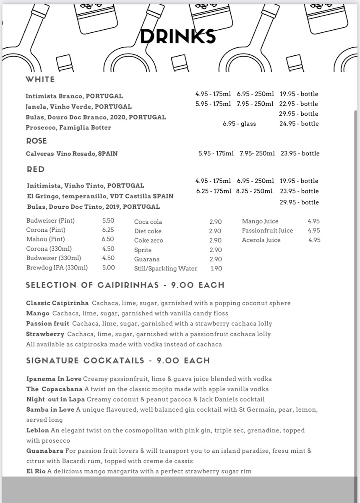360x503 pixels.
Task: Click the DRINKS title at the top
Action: pos(178,37)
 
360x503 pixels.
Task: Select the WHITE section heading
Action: pos(40,79)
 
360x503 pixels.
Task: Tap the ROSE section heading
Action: pos(37,141)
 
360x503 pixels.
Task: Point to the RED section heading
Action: pos(36,169)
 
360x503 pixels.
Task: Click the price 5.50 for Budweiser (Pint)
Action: pos(108,220)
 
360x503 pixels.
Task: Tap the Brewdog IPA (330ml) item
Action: pos(57,267)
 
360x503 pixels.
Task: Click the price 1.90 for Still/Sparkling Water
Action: pos(216,268)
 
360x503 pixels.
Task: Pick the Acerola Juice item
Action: pos(261,240)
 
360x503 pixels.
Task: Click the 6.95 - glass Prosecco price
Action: pos(239,124)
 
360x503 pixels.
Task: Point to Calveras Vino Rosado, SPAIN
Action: pos(72,154)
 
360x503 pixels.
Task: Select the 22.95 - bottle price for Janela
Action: pos(299,104)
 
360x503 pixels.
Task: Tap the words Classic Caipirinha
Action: pos(57,303)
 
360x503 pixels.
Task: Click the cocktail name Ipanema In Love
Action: pos(54,379)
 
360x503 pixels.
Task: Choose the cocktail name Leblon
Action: pos(38,430)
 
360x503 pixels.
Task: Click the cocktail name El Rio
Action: pos(36,472)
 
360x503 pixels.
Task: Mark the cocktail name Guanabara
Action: pos(45,451)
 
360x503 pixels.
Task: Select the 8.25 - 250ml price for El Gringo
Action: pos(255,191)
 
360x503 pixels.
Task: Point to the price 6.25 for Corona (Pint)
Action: pos(108,230)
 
